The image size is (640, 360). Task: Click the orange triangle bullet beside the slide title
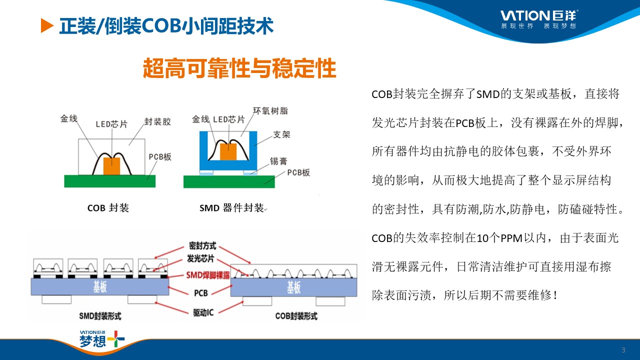[47, 25]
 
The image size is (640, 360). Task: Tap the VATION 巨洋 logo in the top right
[539, 19]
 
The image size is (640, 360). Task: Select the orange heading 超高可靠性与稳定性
[239, 68]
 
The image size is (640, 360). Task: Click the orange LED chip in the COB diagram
[111, 166]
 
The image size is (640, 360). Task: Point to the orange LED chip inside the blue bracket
[228, 151]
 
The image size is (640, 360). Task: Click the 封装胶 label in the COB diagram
[157, 121]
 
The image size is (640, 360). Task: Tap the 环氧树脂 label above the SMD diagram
[270, 111]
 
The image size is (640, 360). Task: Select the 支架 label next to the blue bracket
[281, 134]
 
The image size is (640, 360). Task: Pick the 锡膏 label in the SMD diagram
[278, 161]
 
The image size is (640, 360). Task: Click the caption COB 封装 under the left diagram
[108, 207]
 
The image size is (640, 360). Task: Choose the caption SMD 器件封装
[231, 207]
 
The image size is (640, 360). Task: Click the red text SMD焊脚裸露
[208, 275]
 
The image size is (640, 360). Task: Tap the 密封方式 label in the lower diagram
[202, 245]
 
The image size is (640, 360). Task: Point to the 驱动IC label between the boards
[203, 313]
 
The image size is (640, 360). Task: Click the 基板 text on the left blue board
[100, 286]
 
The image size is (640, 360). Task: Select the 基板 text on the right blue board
[294, 287]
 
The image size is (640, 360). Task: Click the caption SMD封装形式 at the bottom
[100, 316]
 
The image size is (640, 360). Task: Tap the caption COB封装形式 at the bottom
[296, 316]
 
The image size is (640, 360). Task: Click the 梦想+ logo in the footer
[102, 339]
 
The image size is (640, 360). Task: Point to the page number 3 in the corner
[623, 350]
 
